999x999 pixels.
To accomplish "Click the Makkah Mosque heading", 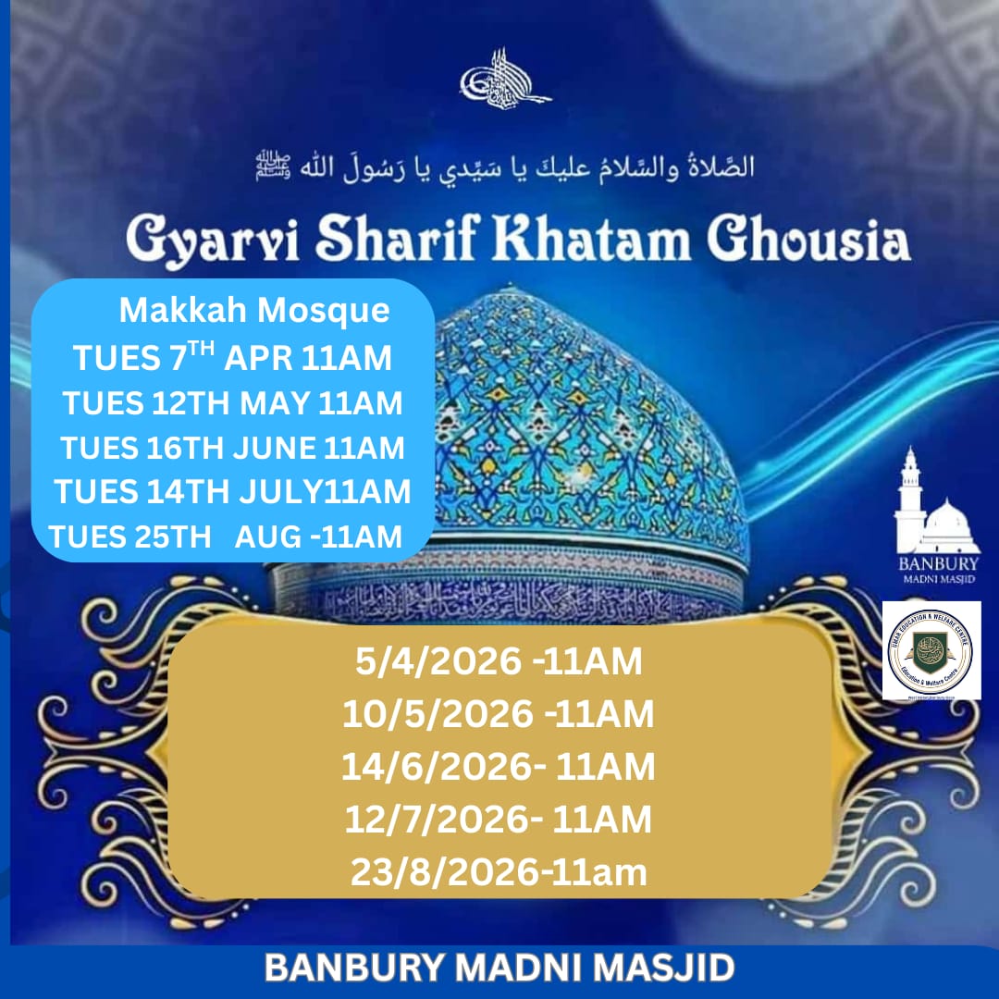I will (x=254, y=312).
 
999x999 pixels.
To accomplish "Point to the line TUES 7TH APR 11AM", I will (x=233, y=357).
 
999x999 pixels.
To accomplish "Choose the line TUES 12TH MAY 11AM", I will (x=232, y=403).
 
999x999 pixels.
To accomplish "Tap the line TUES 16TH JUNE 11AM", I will (x=233, y=448).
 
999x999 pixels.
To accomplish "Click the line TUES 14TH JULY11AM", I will (x=232, y=492).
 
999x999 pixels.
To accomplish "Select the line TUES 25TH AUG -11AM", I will (x=226, y=536).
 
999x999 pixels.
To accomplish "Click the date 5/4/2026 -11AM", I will (x=499, y=661).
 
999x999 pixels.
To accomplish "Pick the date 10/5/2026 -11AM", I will (x=499, y=714).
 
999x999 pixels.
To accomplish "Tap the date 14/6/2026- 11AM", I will (x=499, y=767).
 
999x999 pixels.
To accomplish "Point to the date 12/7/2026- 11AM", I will (x=499, y=820).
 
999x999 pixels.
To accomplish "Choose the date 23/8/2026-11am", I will (x=499, y=872).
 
